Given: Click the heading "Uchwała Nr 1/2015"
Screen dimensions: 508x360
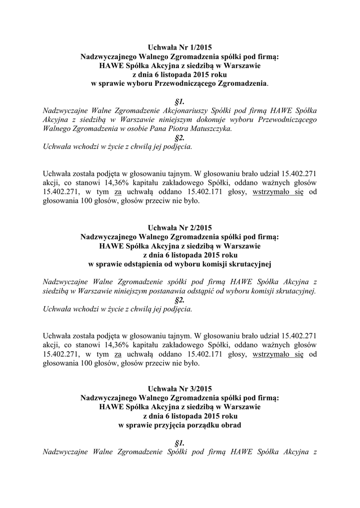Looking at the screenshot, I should [180, 48].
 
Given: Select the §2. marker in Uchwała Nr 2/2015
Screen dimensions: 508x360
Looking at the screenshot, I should [180, 300].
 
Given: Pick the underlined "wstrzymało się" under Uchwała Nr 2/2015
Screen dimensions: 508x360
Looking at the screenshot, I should [278, 355].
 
